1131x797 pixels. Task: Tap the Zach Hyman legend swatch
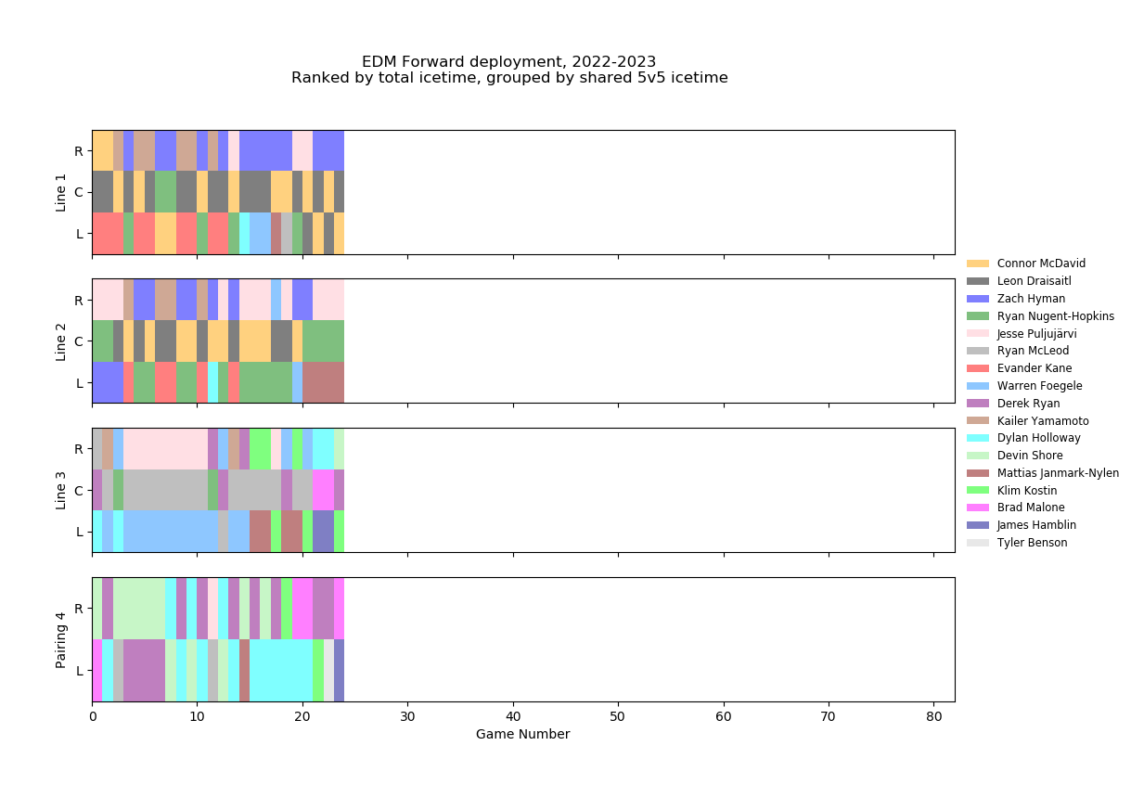978,299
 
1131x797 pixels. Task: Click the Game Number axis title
522,735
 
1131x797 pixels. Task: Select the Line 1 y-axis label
62,192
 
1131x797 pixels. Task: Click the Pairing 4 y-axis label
62,639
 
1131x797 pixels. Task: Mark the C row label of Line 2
79,341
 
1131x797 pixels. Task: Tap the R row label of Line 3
79,449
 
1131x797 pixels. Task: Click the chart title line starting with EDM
508,62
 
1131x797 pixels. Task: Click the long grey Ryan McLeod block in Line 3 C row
165,490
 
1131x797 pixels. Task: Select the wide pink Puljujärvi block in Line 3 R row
165,449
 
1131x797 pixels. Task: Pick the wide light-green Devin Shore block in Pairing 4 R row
139,608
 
